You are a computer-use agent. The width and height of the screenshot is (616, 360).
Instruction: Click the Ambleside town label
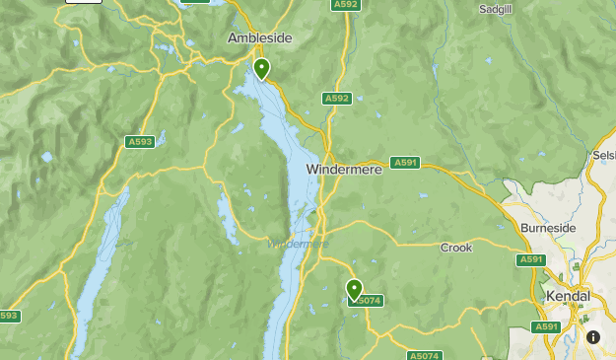260,37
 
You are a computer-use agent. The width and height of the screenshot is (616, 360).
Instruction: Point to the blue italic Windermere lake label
298,244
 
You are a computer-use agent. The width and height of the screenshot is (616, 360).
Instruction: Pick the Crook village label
456,248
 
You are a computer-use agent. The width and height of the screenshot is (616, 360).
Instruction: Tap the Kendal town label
568,296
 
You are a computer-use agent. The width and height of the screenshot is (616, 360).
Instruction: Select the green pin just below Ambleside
261,68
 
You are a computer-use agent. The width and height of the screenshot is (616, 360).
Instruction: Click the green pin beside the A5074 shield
354,289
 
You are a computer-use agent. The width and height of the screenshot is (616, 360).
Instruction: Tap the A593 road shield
141,142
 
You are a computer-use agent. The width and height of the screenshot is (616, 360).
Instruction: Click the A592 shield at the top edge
345,5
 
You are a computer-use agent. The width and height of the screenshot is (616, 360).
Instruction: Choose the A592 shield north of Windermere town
337,99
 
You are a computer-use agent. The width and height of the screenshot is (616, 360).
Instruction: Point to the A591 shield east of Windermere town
404,163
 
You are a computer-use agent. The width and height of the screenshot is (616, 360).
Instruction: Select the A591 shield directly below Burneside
530,259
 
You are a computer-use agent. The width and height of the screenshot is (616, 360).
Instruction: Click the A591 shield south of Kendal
545,326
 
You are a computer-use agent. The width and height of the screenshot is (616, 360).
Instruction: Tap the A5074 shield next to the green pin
367,301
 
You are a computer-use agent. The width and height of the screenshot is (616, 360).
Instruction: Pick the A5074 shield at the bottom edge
425,355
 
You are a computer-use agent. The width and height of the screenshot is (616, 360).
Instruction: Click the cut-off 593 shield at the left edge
8,317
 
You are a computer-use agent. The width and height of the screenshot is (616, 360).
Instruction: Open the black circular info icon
593,336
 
